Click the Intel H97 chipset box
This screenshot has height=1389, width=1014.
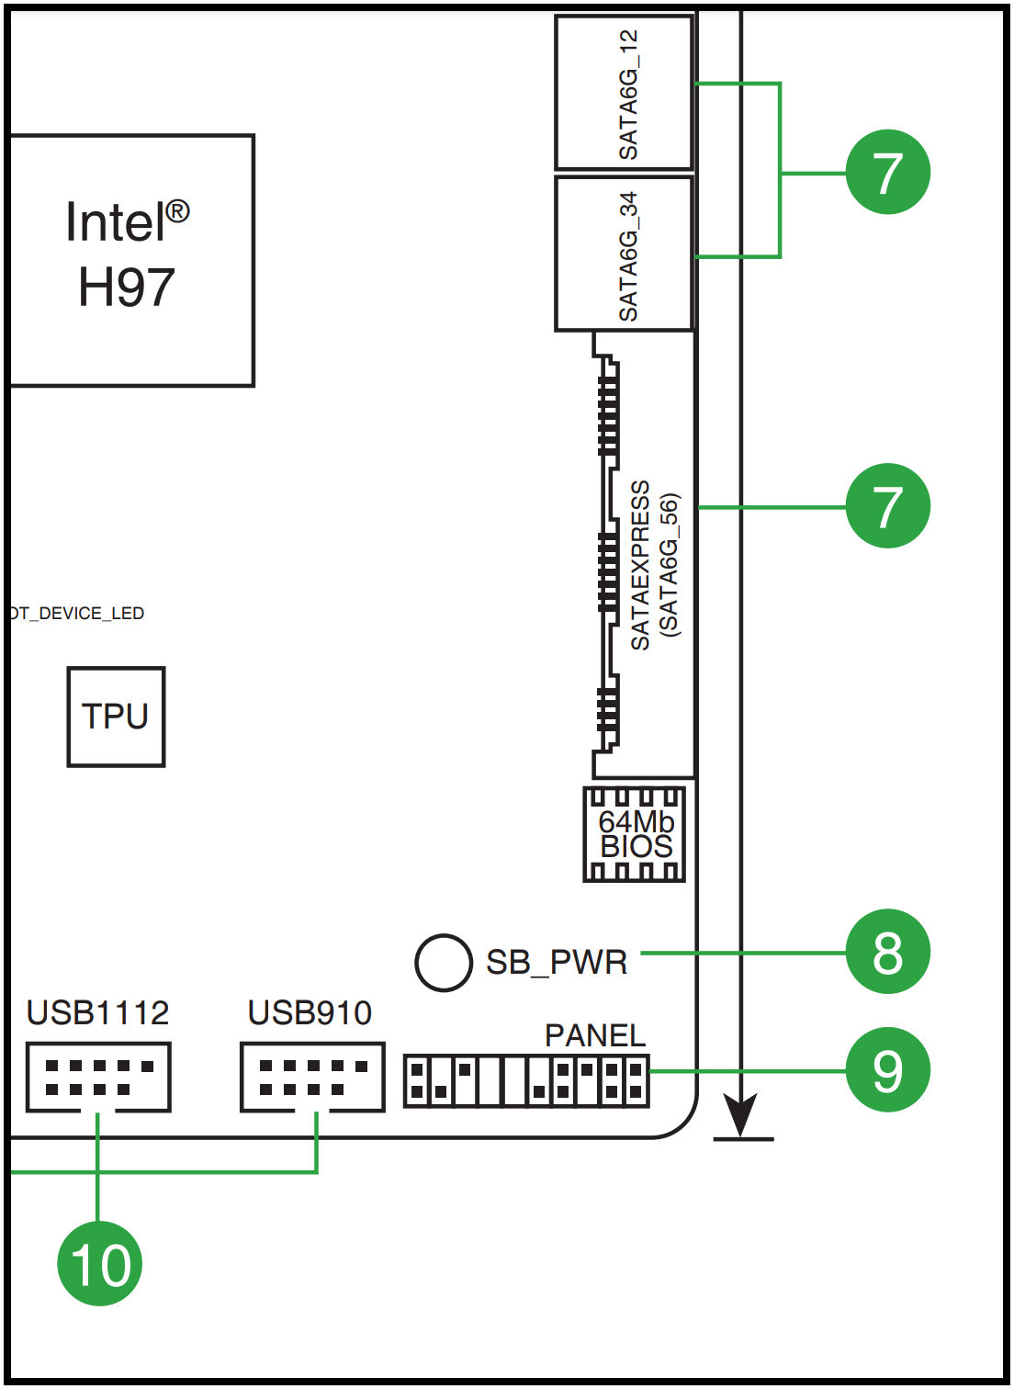[131, 260]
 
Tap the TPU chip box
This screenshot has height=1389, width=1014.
[116, 717]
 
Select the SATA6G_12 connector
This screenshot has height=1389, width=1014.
[624, 93]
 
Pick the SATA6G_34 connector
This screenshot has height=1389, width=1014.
[624, 254]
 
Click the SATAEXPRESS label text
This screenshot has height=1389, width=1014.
[640, 565]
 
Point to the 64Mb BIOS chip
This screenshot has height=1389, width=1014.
[635, 834]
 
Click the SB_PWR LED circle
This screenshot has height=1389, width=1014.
[444, 963]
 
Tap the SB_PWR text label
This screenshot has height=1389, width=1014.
[557, 963]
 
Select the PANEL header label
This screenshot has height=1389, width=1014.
[595, 1035]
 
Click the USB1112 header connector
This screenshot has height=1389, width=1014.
[98, 1077]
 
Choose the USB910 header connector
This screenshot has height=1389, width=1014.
[312, 1077]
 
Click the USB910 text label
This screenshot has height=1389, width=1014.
[310, 1012]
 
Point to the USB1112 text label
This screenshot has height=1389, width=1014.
[97, 1012]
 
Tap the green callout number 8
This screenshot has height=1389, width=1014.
[887, 952]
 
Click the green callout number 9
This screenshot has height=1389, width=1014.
[887, 1069]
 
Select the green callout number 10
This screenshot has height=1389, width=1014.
[99, 1264]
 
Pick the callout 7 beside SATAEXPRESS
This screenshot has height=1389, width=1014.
[887, 506]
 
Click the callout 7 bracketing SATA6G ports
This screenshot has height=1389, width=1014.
[887, 172]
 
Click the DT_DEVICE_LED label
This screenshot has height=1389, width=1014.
[77, 614]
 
